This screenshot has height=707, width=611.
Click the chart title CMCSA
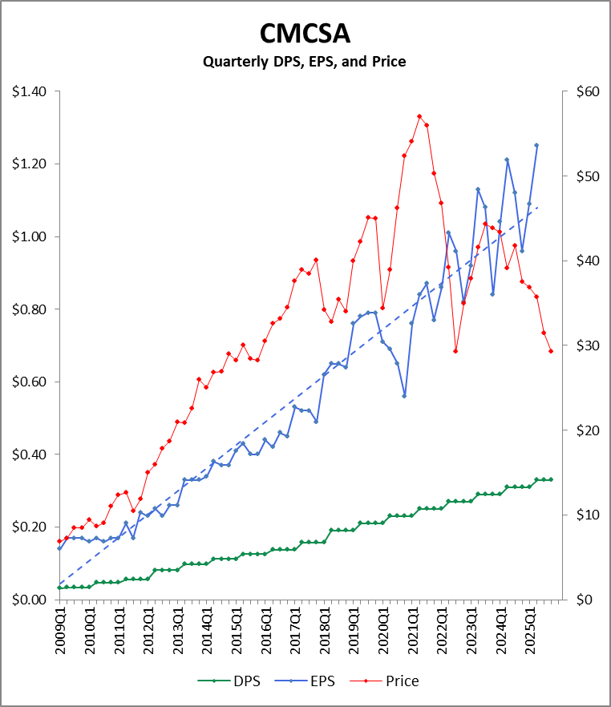point(305,34)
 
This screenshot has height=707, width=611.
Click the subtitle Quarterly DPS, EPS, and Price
point(305,61)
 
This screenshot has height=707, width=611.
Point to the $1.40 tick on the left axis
point(29,92)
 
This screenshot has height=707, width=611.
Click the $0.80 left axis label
point(29,309)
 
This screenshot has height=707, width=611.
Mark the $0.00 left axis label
point(29,600)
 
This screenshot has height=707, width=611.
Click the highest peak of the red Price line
point(419,116)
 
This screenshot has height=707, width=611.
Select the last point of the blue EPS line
point(536,145)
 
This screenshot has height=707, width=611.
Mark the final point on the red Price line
point(551,351)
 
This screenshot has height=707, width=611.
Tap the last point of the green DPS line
point(551,479)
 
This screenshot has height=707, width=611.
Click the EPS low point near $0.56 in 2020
point(404,396)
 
